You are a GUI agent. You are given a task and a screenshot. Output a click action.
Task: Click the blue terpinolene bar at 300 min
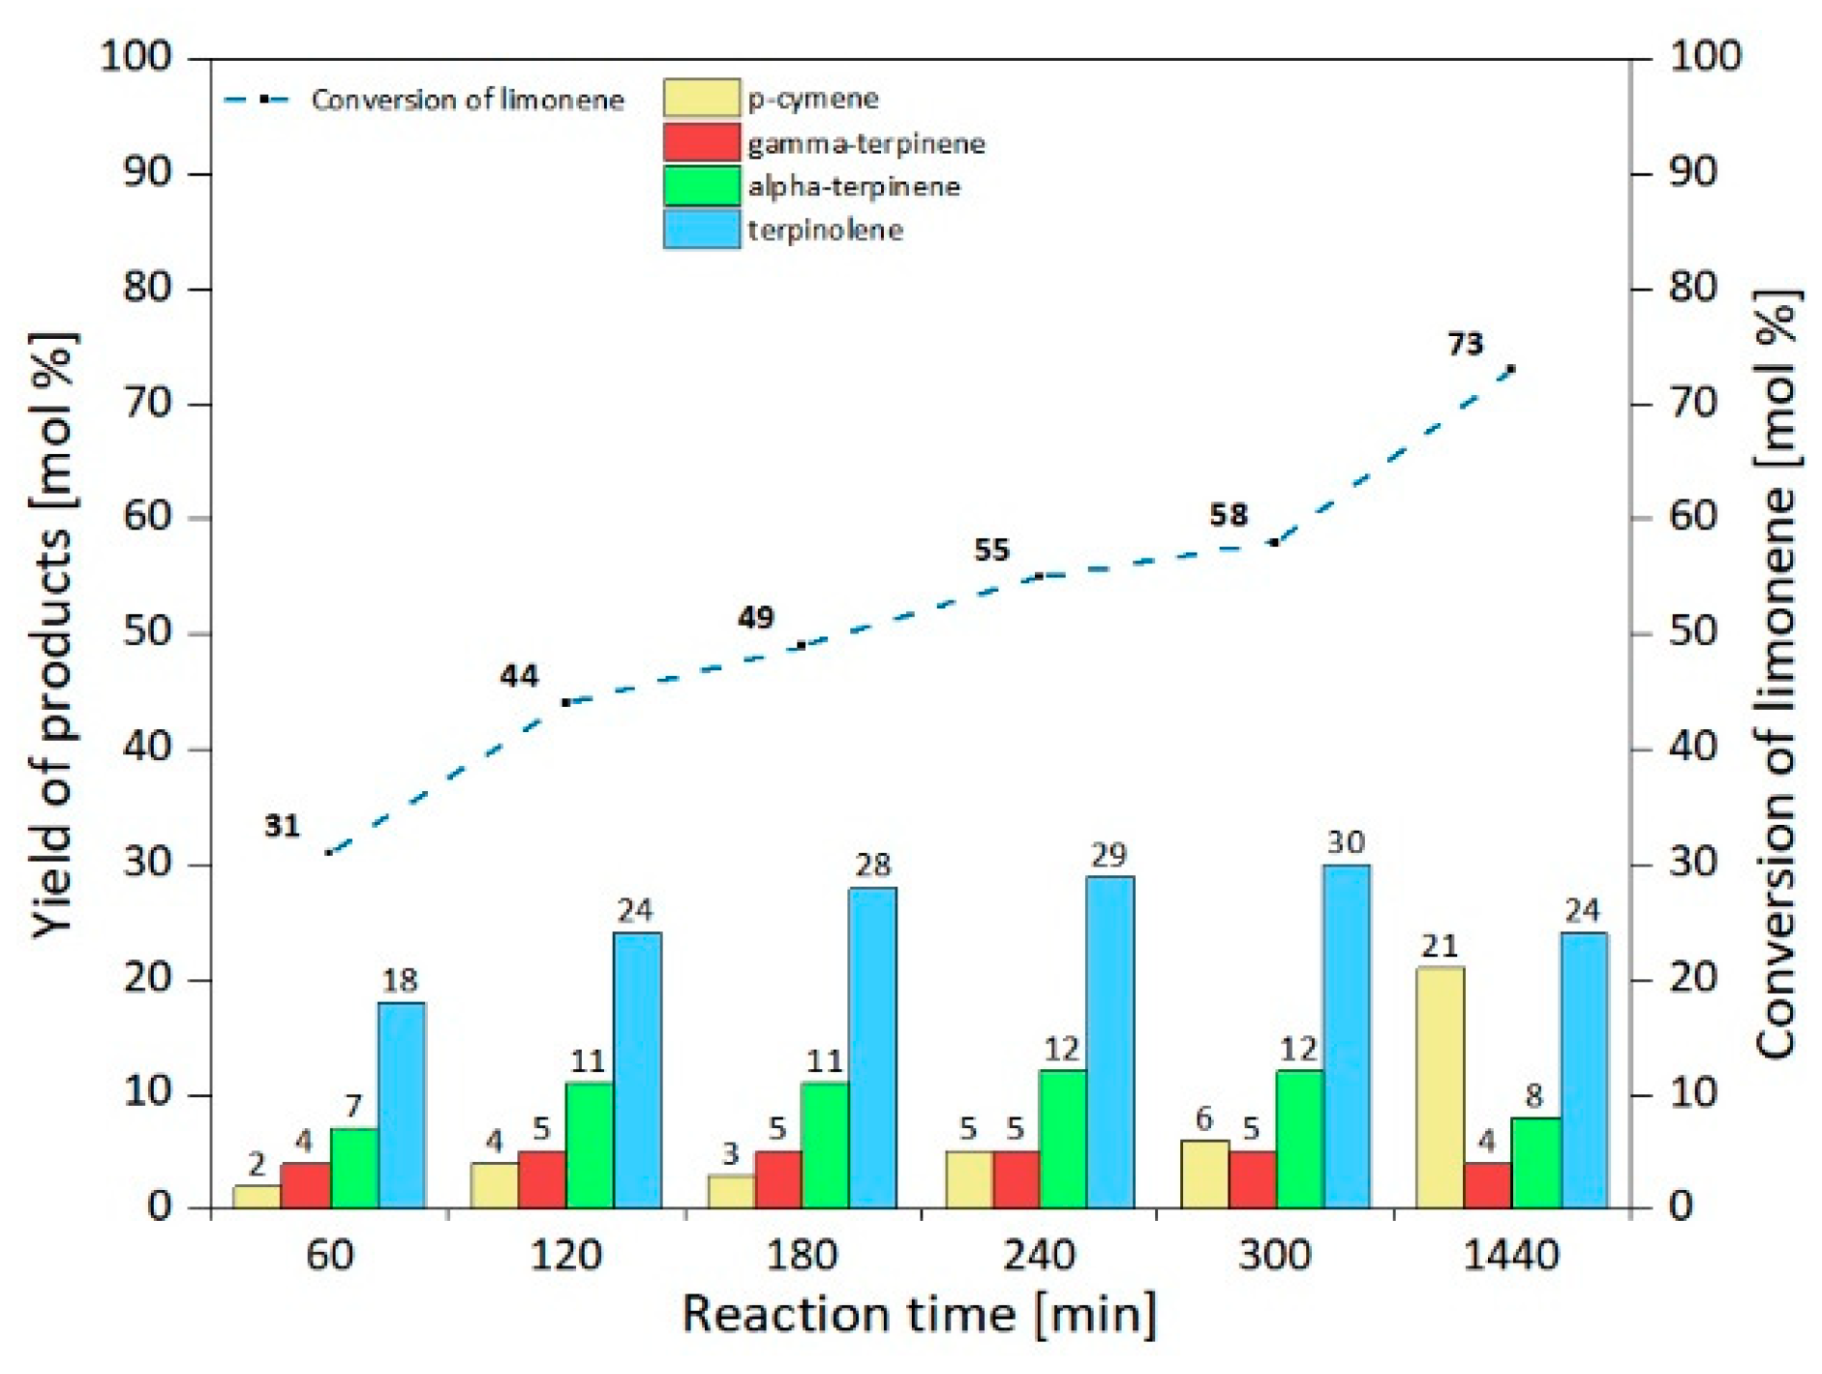pyautogui.click(x=1346, y=1036)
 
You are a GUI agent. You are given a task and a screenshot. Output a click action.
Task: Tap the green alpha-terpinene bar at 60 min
pyautogui.click(x=354, y=1168)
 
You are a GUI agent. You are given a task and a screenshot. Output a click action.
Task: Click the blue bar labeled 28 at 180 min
pyautogui.click(x=872, y=1048)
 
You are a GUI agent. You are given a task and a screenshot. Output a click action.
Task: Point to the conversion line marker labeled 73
pyautogui.click(x=1511, y=369)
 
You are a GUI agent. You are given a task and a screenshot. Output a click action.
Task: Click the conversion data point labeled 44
pyautogui.click(x=566, y=702)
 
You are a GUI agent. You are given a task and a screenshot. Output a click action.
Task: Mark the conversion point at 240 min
pyautogui.click(x=1039, y=576)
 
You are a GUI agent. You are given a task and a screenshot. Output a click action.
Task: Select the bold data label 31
pyautogui.click(x=282, y=826)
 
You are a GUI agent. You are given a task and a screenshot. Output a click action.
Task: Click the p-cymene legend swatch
pyautogui.click(x=702, y=98)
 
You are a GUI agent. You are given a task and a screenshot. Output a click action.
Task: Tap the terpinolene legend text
pyautogui.click(x=825, y=230)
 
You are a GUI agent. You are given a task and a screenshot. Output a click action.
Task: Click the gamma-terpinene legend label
pyautogui.click(x=865, y=144)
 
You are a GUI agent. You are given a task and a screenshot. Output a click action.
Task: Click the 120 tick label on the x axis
pyautogui.click(x=566, y=1256)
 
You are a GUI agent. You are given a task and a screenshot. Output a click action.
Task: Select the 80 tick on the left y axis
pyautogui.click(x=147, y=288)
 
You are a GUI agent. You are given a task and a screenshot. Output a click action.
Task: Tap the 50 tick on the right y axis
pyautogui.click(x=1693, y=632)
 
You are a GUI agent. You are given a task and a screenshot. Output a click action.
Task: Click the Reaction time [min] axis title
pyautogui.click(x=919, y=1315)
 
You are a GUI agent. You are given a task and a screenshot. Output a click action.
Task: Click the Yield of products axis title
pyautogui.click(x=53, y=634)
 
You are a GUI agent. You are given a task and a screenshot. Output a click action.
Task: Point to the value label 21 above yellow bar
pyautogui.click(x=1440, y=945)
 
